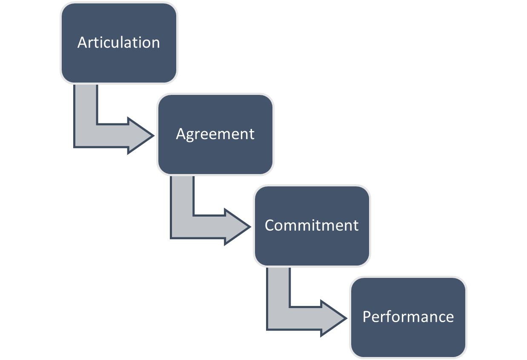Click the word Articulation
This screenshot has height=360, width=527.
119,43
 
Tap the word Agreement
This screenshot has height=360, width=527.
215,134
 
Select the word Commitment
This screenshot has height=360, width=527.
312,225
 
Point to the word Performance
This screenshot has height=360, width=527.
408,317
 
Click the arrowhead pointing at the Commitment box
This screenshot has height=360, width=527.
237,227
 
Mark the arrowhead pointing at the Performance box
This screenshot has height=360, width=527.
334,318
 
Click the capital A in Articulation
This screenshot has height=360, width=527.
82,43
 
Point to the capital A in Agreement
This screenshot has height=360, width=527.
180,134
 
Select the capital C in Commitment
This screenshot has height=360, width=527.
269,225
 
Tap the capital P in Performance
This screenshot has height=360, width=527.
367,317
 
